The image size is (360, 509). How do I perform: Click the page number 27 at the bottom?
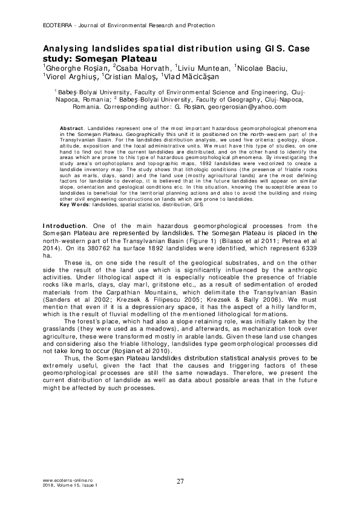180,481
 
